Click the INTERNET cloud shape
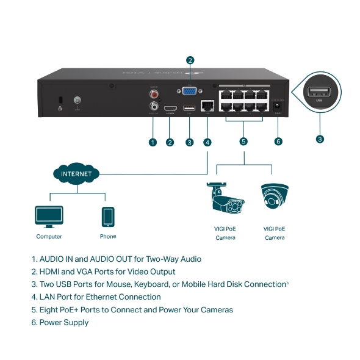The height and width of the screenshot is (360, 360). (76, 174)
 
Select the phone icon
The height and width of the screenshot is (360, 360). (108, 217)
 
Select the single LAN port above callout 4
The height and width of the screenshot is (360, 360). (207, 106)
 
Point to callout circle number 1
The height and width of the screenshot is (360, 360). (153, 142)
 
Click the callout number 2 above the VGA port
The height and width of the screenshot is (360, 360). (190, 60)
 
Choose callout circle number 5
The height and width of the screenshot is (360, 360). (243, 142)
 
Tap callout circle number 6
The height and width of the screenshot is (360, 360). (278, 142)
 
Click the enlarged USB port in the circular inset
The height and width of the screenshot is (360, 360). (319, 93)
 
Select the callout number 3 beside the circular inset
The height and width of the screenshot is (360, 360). (320, 139)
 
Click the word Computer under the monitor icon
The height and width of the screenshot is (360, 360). (49, 237)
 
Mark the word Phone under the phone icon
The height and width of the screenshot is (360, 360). (108, 236)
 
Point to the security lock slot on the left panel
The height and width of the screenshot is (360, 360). (59, 100)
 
